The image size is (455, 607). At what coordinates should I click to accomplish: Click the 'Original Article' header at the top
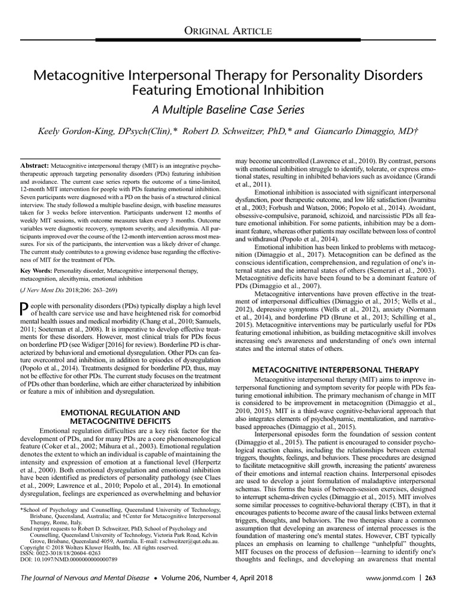point(227,30)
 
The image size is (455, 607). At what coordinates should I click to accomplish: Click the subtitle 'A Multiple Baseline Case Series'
point(227,110)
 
